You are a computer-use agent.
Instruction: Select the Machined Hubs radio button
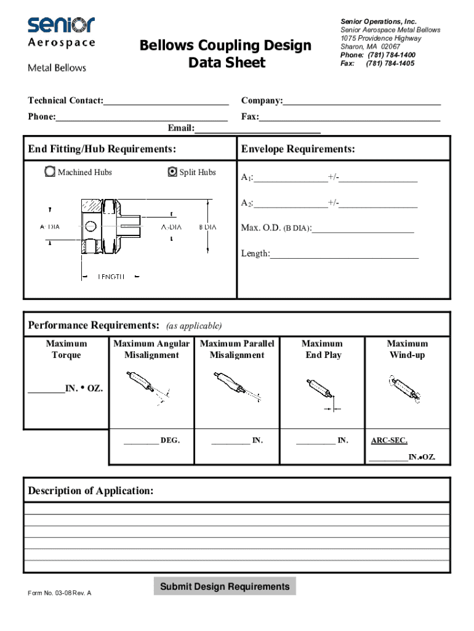[x=50, y=172]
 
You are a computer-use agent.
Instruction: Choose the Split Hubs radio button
[x=172, y=172]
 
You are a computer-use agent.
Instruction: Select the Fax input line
[x=350, y=116]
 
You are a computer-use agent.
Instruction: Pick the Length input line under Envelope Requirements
[x=344, y=253]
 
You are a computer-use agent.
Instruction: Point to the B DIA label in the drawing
[x=207, y=227]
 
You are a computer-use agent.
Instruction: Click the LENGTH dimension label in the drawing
[x=111, y=277]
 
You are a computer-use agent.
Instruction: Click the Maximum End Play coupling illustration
[x=321, y=391]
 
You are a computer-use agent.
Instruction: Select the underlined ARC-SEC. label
[x=389, y=441]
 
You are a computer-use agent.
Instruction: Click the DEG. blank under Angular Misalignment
[x=140, y=441]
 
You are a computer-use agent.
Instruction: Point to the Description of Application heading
[x=90, y=491]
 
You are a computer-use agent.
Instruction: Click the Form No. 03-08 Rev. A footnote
[x=60, y=593]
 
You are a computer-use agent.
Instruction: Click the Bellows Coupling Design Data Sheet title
[x=225, y=54]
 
